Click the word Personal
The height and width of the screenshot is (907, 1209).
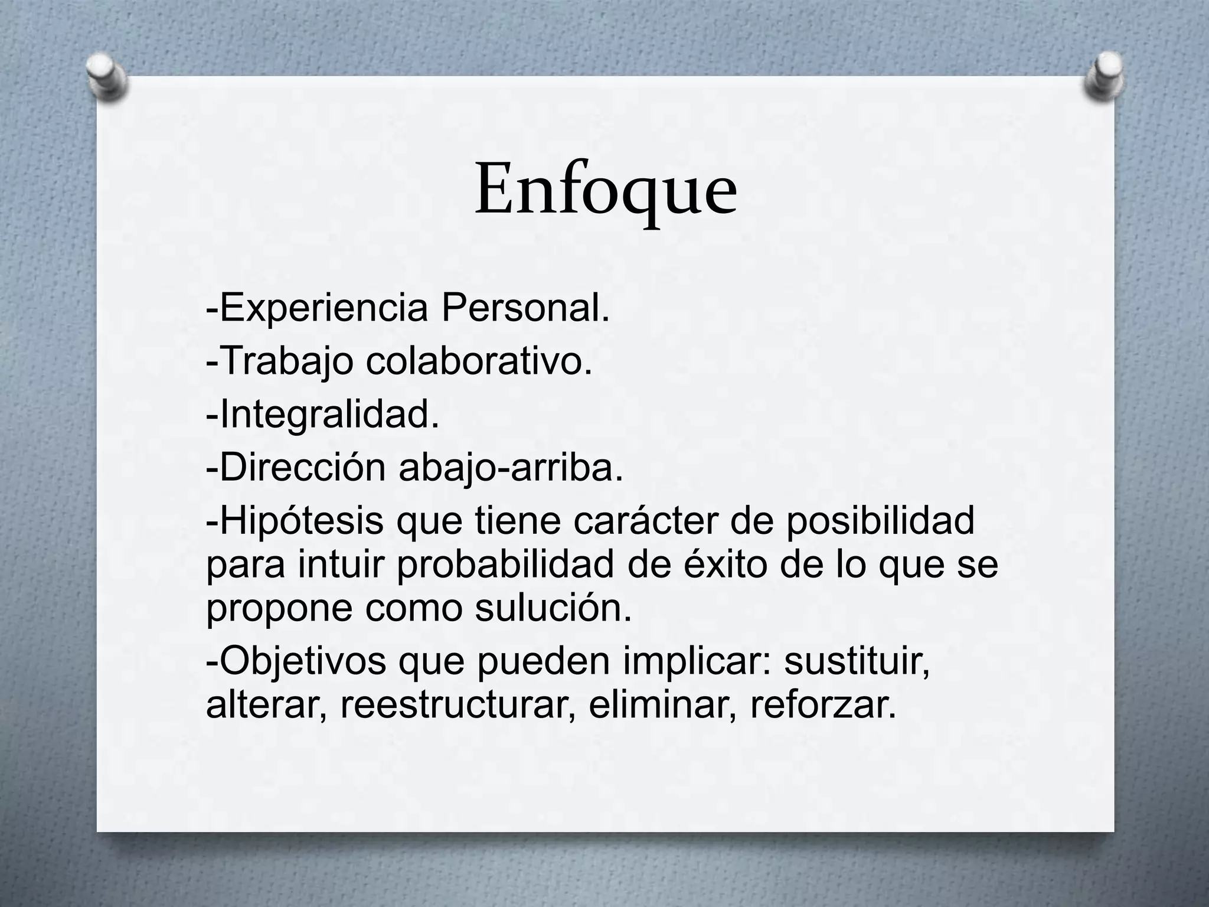[x=525, y=308]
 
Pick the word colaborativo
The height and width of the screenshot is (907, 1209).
[x=479, y=361]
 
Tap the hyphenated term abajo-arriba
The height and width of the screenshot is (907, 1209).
[x=511, y=468]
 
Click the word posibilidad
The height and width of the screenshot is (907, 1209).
[x=880, y=521]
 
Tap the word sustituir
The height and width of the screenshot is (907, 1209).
[x=857, y=661]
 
